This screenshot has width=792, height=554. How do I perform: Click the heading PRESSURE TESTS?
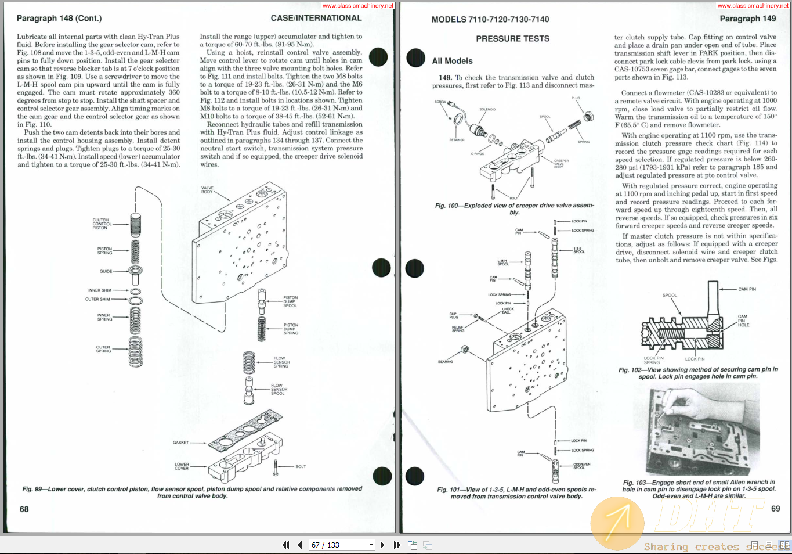coord(512,39)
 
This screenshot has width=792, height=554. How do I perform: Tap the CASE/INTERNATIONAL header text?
coord(316,18)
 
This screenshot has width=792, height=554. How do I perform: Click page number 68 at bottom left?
coord(24,509)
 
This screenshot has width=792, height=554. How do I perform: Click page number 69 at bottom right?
coord(776,509)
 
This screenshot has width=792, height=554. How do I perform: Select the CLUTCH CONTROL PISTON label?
coord(101,224)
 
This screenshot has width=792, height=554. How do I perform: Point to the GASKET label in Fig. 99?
coord(180,443)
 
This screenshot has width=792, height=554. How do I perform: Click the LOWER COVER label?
coord(182,466)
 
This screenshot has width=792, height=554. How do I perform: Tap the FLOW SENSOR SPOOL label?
coord(279,389)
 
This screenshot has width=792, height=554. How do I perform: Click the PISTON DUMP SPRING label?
coord(291,329)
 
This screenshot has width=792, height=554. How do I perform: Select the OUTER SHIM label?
coord(97,299)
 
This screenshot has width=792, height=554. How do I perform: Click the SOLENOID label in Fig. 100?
coord(487,109)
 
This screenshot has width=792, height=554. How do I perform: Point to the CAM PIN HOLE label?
coord(743,321)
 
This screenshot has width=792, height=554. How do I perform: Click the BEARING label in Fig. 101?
coord(445,362)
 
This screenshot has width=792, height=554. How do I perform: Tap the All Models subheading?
coord(452,61)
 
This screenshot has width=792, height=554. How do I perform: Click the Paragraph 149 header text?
coord(747,19)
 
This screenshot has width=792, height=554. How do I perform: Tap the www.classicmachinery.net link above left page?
coord(358,5)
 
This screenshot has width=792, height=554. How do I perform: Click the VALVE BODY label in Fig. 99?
coord(207,190)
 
